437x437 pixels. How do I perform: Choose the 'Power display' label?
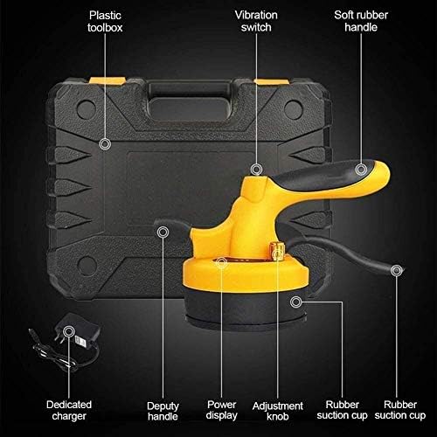pyautogui.click(x=222, y=410)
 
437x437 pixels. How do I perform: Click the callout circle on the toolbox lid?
pyautogui.click(x=105, y=143)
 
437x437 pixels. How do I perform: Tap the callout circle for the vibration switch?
pyautogui.click(x=256, y=168)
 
